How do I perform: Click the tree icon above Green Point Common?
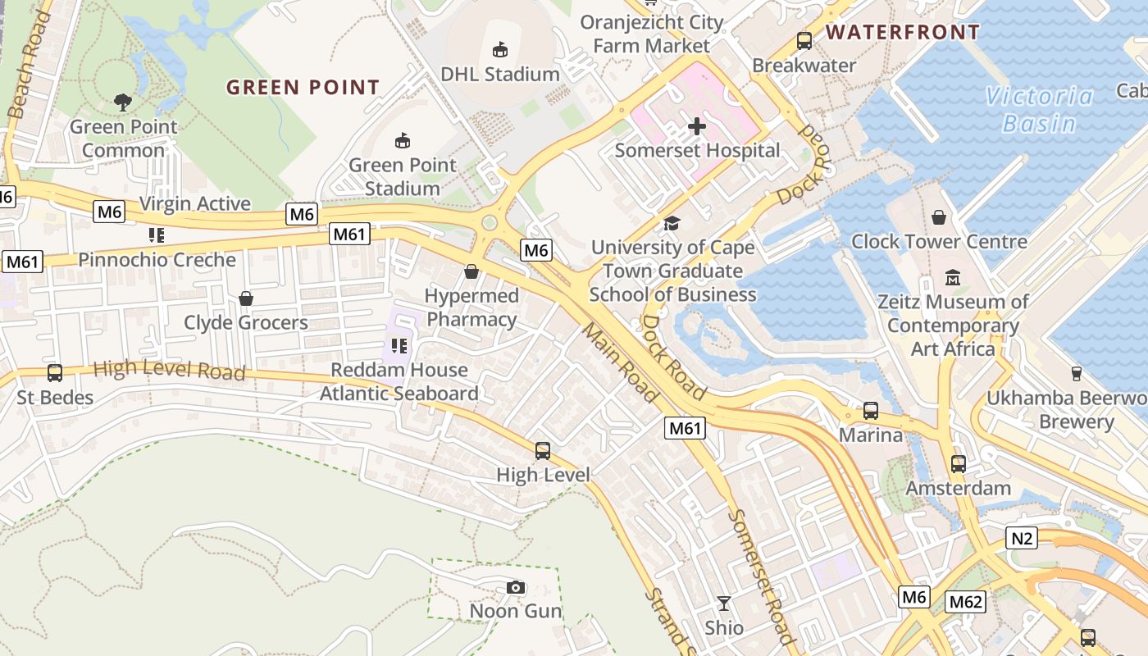coord(123,102)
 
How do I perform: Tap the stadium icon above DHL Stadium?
coord(499,50)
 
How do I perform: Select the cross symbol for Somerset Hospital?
coord(697,126)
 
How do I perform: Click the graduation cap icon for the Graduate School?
coord(672,223)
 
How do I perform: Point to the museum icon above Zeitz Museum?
coord(953,278)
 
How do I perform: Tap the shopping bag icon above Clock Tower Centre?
coord(939,217)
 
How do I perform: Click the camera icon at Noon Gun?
coord(516,587)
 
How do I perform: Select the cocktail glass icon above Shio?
coord(723,604)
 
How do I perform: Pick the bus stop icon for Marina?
coord(870,410)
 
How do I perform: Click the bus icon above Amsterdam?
coord(958,464)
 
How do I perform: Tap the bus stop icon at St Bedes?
coord(55,373)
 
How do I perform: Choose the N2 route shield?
coord(1022,538)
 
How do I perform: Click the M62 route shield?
coord(964,602)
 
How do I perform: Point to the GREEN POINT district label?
coord(303,87)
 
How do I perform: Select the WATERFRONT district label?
coord(902,33)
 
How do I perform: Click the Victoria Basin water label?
coord(1040,110)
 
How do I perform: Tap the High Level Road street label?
coord(169,370)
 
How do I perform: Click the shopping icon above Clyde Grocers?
coord(245,298)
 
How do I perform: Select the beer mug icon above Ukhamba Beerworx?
coord(1076,374)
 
